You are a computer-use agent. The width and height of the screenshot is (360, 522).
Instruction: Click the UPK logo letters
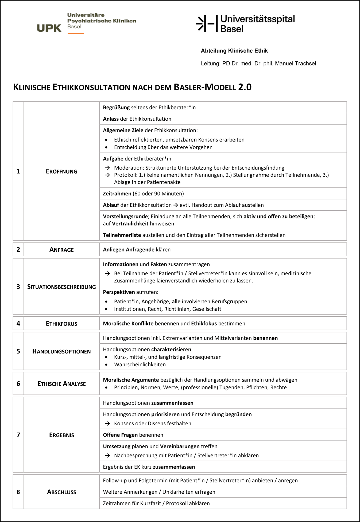(x=49, y=28)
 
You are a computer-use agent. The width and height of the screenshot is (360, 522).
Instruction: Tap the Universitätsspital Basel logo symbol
(x=205, y=24)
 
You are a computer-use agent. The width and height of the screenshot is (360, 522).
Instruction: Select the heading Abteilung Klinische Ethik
(x=234, y=51)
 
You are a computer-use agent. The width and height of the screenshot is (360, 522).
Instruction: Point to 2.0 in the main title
(x=245, y=87)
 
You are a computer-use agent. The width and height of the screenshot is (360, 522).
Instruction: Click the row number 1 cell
(x=18, y=171)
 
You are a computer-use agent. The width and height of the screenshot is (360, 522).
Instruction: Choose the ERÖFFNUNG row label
(x=61, y=171)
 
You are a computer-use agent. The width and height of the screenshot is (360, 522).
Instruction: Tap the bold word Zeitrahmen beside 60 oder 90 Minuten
(x=117, y=194)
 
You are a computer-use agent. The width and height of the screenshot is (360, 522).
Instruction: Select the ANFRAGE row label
(x=61, y=250)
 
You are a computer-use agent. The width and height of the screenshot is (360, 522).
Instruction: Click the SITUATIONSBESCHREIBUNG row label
(x=61, y=287)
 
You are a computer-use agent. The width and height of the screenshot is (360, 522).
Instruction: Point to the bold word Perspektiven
(x=119, y=292)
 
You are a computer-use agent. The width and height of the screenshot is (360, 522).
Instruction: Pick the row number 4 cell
(x=18, y=323)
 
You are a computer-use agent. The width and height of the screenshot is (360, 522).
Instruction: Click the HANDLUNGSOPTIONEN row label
(x=61, y=351)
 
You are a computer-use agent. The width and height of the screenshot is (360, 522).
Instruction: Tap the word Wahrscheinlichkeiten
(x=140, y=364)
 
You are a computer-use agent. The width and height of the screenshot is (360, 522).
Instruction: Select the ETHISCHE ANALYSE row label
(x=61, y=384)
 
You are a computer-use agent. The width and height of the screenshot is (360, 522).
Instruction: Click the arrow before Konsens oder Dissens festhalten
(x=107, y=423)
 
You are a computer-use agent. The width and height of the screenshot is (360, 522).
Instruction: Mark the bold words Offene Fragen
(x=120, y=435)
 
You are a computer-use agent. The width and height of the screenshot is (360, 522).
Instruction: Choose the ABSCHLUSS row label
(x=61, y=492)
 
